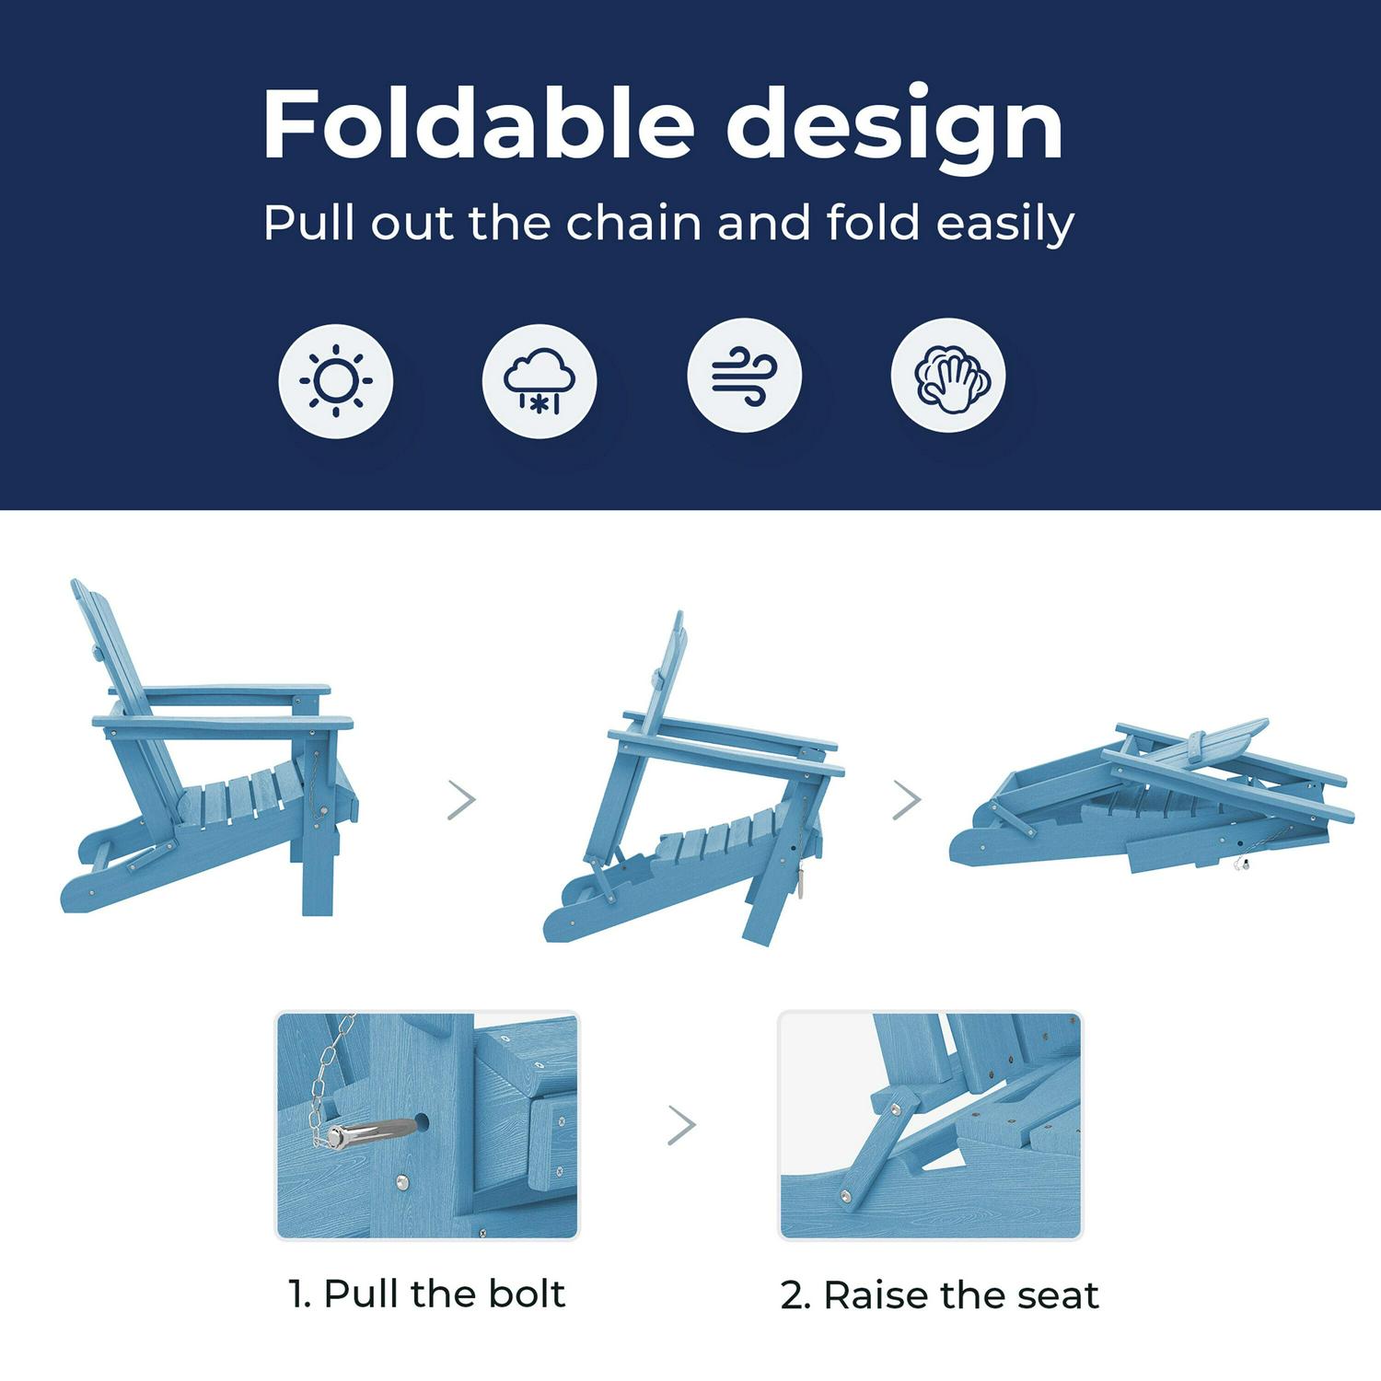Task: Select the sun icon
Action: coord(336,380)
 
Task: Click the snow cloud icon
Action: coord(540,380)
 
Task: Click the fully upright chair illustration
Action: coord(207,748)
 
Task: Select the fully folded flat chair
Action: coord(1151,796)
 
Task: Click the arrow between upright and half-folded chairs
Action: coord(462,800)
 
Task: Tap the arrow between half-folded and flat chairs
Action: coord(907,800)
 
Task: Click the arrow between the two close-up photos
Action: coord(681,1125)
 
